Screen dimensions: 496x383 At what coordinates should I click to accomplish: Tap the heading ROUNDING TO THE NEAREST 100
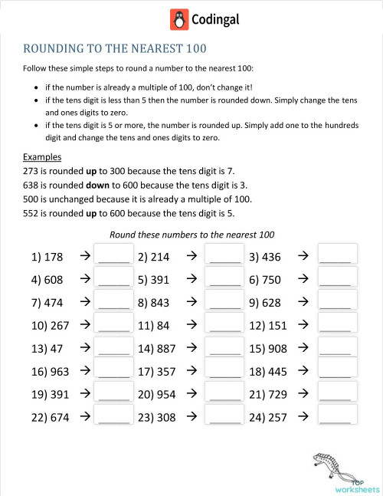click(x=115, y=50)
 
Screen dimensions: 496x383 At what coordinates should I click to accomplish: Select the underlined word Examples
click(x=43, y=157)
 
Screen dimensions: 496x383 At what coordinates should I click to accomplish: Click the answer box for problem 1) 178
click(x=114, y=255)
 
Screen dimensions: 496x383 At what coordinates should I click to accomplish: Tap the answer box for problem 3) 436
click(x=337, y=255)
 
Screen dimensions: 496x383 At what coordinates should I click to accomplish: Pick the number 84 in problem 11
click(x=162, y=326)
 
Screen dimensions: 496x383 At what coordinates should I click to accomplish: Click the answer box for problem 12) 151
click(x=337, y=326)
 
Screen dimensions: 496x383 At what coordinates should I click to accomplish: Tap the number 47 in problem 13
click(x=56, y=349)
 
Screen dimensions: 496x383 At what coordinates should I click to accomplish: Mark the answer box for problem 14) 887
click(x=225, y=349)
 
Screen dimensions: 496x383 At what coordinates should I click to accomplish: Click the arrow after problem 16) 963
click(x=84, y=371)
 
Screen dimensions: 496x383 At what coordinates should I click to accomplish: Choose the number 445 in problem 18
click(x=279, y=372)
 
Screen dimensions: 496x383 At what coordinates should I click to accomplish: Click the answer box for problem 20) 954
click(x=225, y=395)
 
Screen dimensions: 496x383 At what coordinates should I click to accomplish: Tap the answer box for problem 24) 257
click(x=337, y=418)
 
